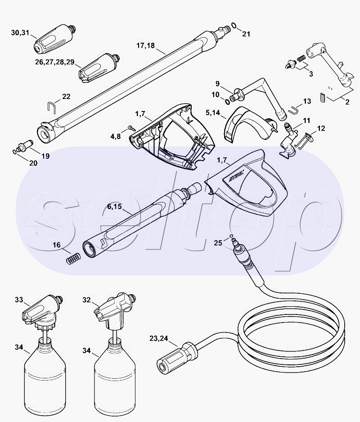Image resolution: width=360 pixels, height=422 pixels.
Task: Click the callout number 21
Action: pos(246,34)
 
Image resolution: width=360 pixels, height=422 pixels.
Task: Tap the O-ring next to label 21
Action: pos(234,26)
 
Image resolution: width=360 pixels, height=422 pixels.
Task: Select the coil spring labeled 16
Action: pos(73,258)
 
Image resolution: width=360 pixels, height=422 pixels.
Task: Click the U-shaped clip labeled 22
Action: pos(51,106)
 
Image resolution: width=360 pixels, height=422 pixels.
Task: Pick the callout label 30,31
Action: pos(20,32)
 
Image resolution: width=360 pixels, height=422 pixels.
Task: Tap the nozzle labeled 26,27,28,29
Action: pos(99,69)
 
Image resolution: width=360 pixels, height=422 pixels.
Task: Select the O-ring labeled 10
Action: pos(227,102)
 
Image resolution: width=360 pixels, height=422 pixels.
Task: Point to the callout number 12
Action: pos(321,128)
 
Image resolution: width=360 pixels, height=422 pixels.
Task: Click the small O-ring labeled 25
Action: pos(231,236)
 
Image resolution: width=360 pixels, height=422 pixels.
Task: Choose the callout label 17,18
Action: pos(145,45)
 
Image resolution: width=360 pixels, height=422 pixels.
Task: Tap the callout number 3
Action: pos(311,74)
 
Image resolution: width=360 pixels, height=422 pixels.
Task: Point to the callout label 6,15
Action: pos(114,207)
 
